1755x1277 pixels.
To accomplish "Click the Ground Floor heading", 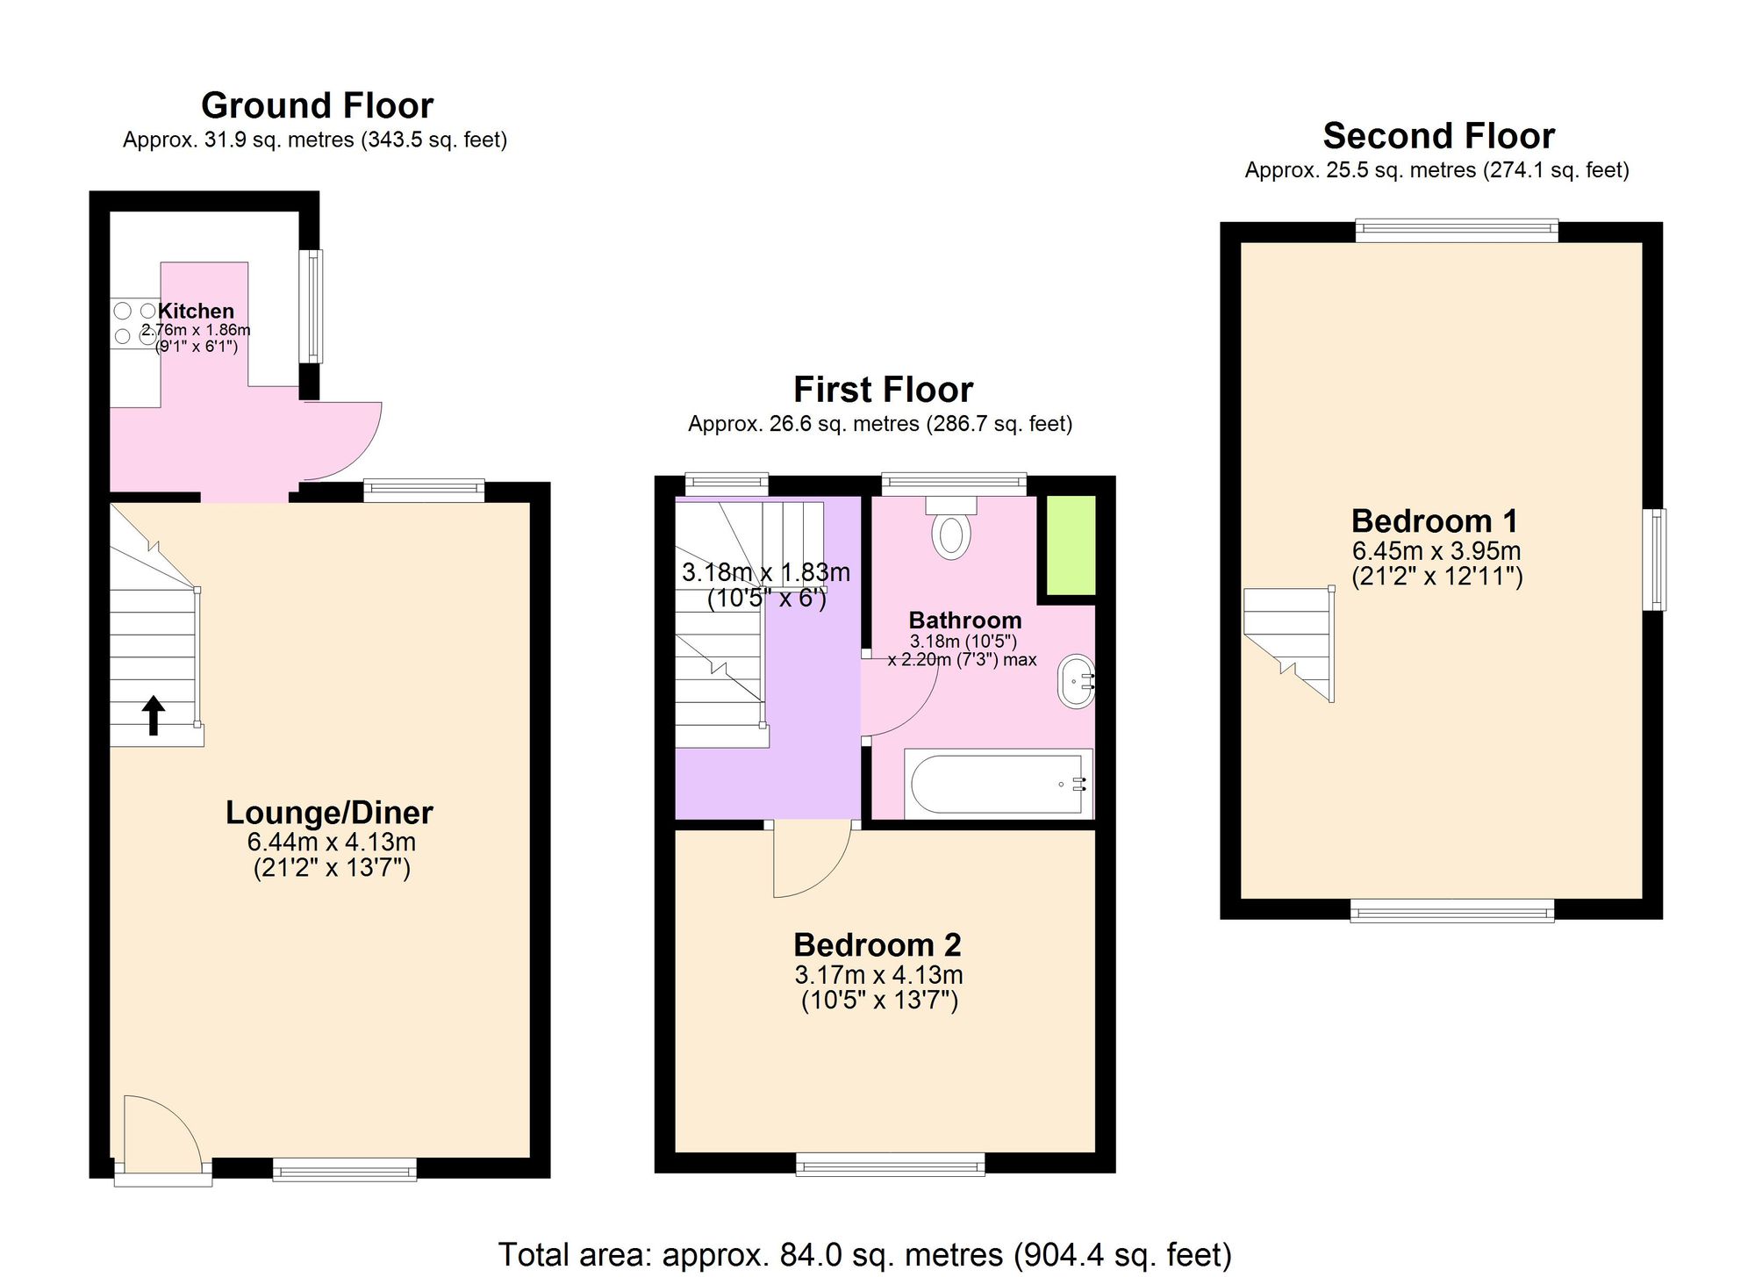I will [317, 105].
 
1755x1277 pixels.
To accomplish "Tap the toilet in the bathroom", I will [951, 530].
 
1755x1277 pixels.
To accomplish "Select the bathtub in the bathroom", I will [998, 783].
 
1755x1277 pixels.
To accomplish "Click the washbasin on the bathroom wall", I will [1076, 681].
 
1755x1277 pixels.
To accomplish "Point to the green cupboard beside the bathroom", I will [1067, 545].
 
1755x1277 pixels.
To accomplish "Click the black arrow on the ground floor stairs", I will [154, 714].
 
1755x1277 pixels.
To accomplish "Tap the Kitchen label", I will [196, 311].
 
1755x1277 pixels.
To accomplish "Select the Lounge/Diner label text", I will [329, 812].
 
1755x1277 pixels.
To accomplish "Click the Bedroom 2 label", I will [877, 944].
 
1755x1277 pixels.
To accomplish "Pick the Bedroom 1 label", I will [1435, 520].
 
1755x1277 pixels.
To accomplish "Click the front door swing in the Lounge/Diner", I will [162, 1132].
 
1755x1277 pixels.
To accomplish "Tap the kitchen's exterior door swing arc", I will [347, 439].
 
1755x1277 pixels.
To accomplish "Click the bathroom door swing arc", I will [899, 698].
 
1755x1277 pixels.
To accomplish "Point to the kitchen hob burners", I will [134, 323].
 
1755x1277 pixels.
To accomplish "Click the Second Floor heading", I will [1438, 136].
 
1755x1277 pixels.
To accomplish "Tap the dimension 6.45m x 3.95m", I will [1436, 550].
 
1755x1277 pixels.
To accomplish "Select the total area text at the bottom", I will [864, 1254].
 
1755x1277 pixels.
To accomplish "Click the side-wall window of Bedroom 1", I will [1654, 559].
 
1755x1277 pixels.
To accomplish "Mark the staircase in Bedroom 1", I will [1289, 641].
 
